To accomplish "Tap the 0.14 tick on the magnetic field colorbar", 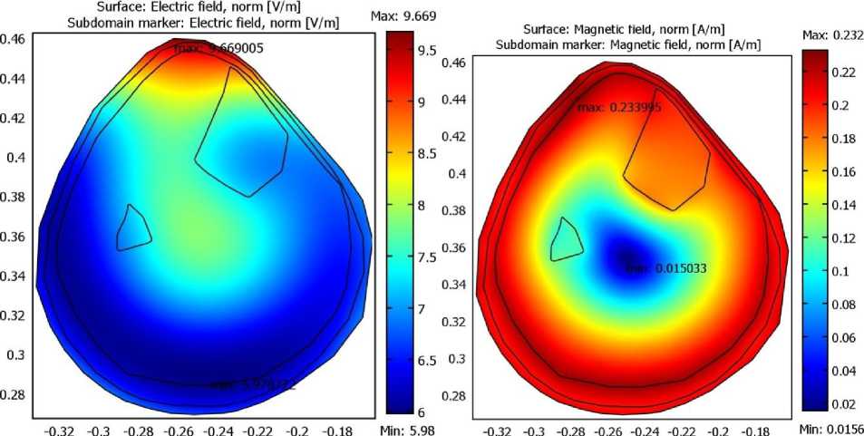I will click(842, 205).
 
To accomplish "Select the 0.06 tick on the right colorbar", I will click(842, 337).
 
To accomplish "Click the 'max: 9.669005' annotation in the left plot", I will click(219, 48).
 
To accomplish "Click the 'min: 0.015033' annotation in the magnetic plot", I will click(666, 268).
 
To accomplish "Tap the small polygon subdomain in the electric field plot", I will click(133, 228).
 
